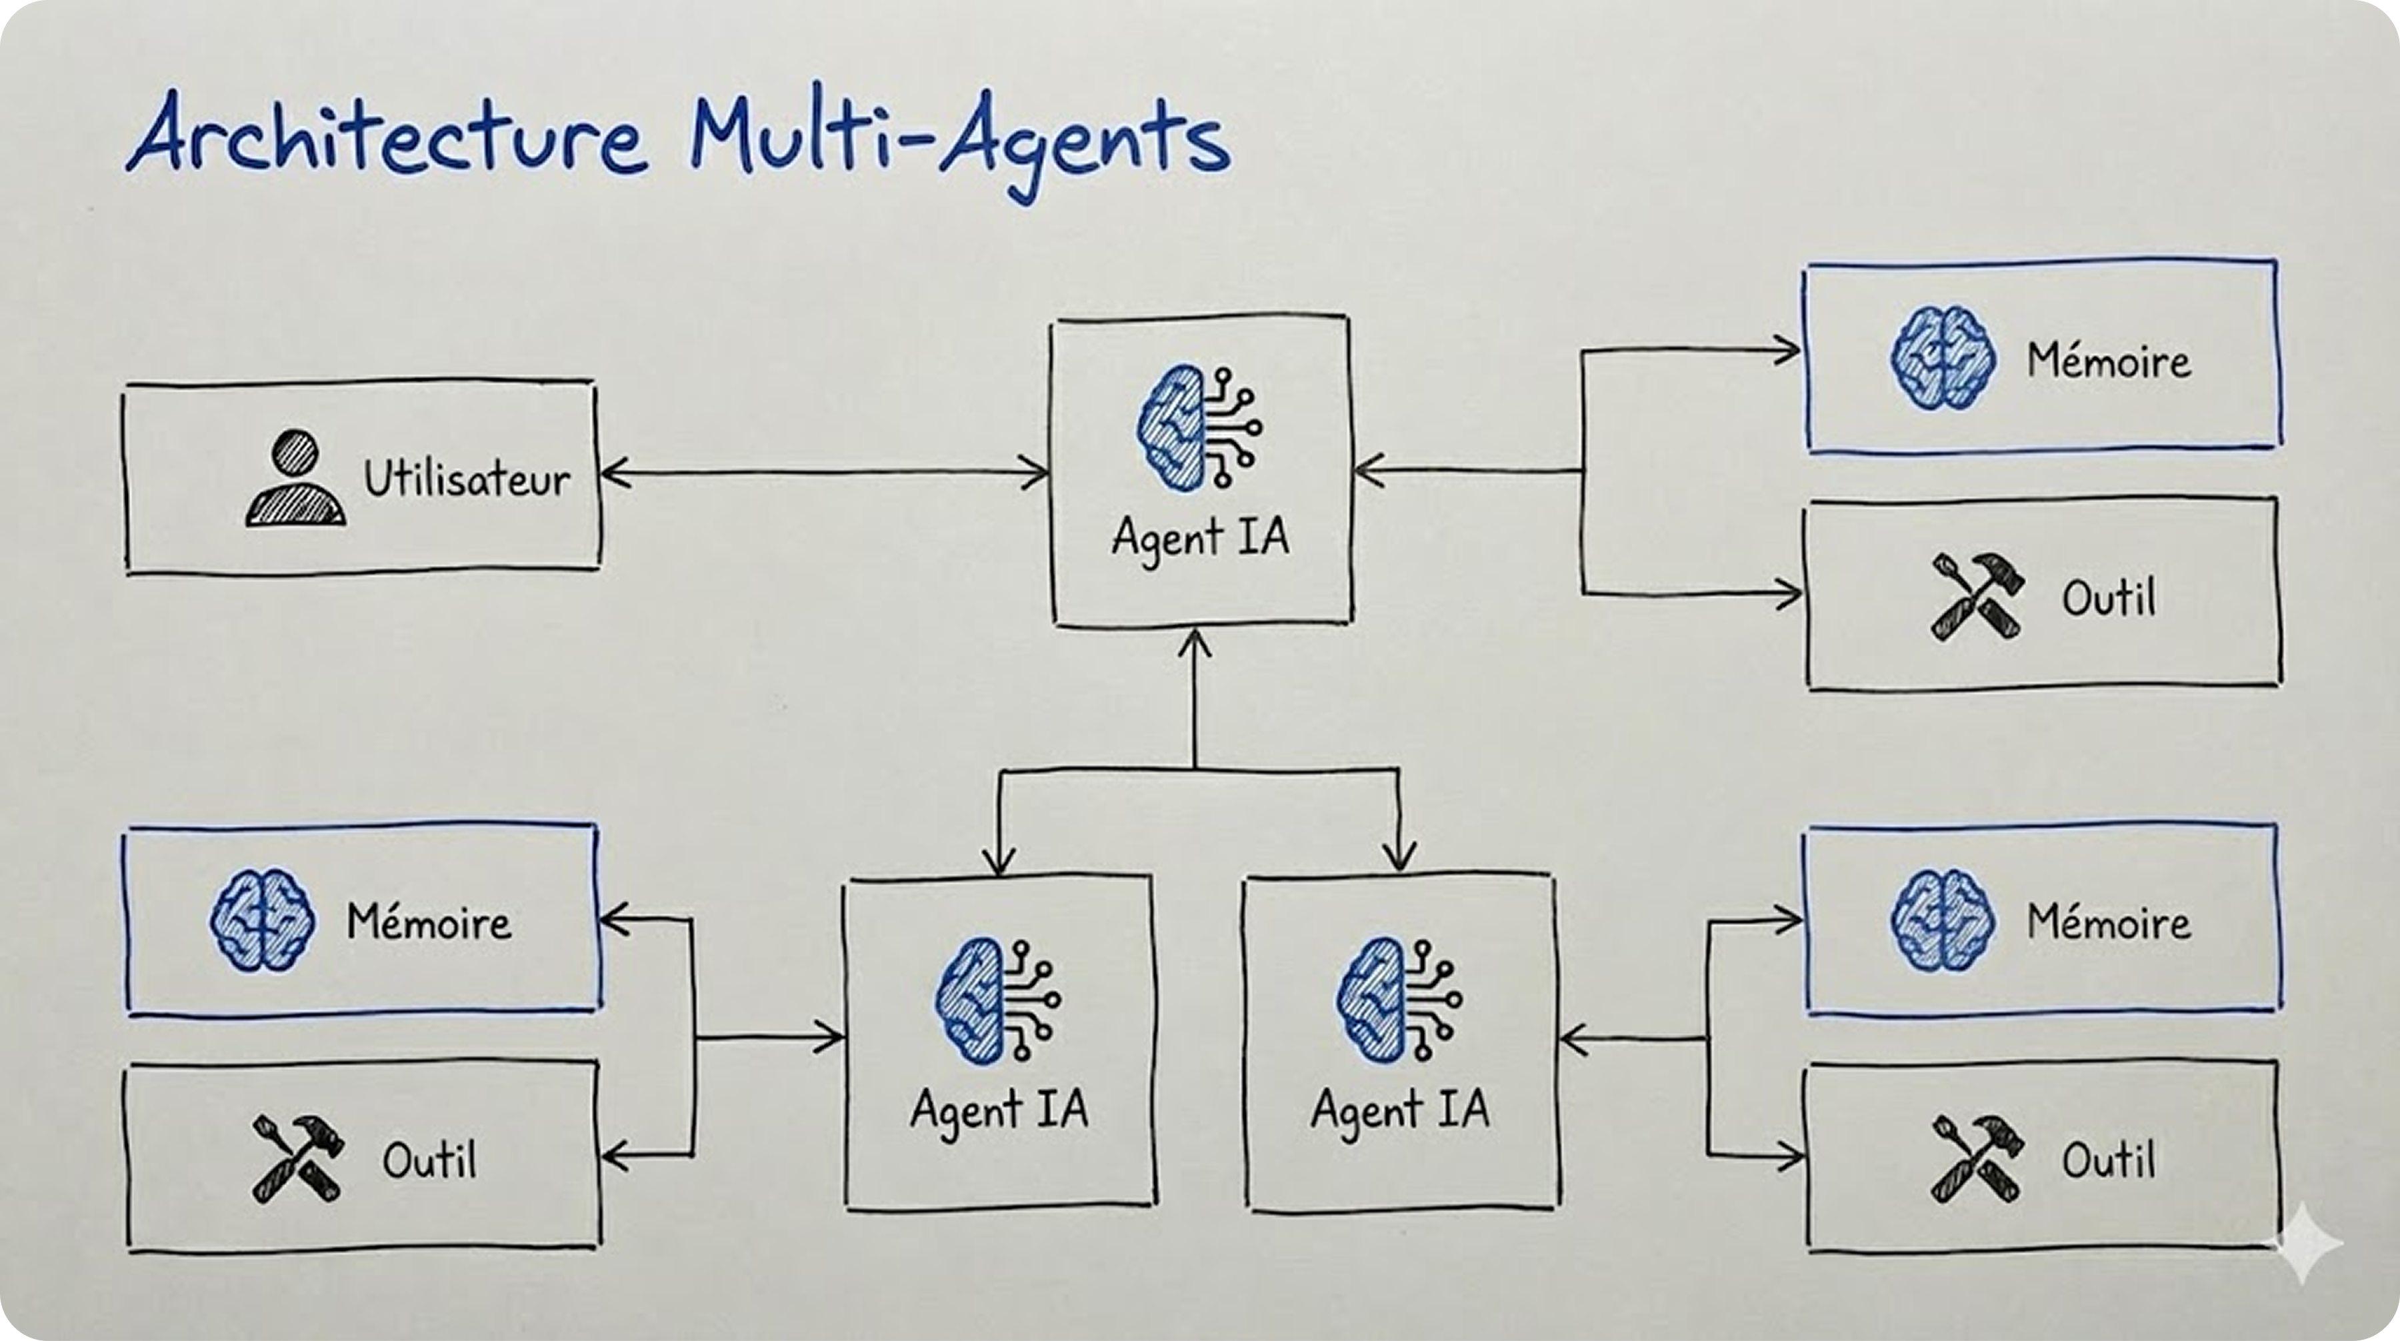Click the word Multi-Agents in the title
(x=959, y=140)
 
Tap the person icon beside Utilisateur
(x=295, y=478)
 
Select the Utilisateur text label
(x=466, y=479)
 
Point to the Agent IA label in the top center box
(x=1200, y=537)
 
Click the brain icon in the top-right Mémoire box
(x=1943, y=359)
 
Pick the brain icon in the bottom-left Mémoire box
(x=261, y=921)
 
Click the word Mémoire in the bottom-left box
(x=429, y=923)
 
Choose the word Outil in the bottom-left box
(x=429, y=1161)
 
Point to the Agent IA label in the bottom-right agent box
(x=1399, y=1110)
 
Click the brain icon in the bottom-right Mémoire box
(x=1943, y=921)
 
